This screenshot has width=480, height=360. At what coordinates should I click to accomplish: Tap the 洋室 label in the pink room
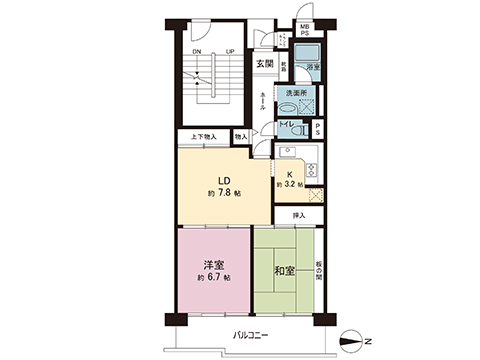(x=213, y=264)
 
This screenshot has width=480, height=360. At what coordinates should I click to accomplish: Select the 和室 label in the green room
(x=284, y=271)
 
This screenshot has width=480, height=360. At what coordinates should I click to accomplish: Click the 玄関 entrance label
(x=262, y=64)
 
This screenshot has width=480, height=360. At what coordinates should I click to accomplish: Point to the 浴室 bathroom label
(x=313, y=66)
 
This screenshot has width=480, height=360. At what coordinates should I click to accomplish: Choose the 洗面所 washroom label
(x=298, y=93)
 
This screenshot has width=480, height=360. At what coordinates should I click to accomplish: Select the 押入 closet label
(x=298, y=215)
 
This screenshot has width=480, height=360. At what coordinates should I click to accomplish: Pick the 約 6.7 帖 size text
(x=213, y=277)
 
